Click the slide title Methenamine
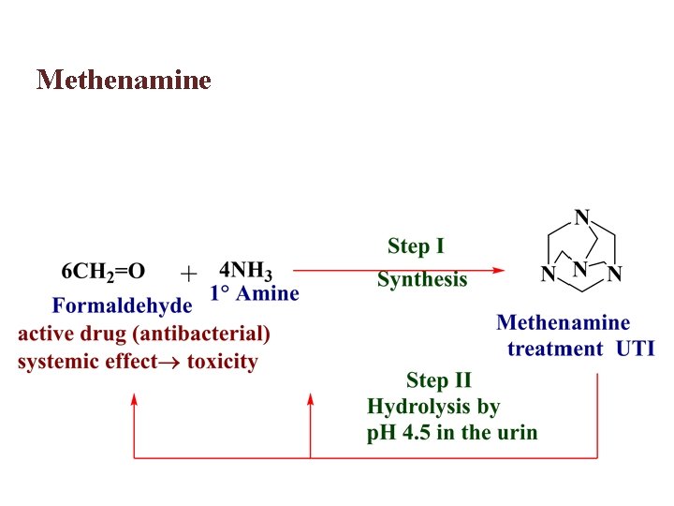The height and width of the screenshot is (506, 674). [124, 80]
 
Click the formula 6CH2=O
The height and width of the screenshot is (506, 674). [103, 272]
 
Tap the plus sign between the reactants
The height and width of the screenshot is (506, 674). [188, 273]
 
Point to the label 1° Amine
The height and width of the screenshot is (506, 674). [255, 293]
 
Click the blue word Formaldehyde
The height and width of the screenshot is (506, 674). [122, 305]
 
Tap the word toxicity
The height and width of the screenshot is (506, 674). [222, 362]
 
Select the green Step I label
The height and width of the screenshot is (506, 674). [416, 247]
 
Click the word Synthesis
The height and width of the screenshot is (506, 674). [421, 279]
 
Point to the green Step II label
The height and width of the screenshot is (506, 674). [438, 380]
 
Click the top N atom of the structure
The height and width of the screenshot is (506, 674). [582, 217]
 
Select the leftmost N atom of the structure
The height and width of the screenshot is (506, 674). [548, 275]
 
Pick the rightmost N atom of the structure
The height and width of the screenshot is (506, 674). [614, 275]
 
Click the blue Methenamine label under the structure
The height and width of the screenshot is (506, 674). [563, 323]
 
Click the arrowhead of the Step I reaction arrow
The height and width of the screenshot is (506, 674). [498, 271]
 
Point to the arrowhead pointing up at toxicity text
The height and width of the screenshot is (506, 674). [135, 400]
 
